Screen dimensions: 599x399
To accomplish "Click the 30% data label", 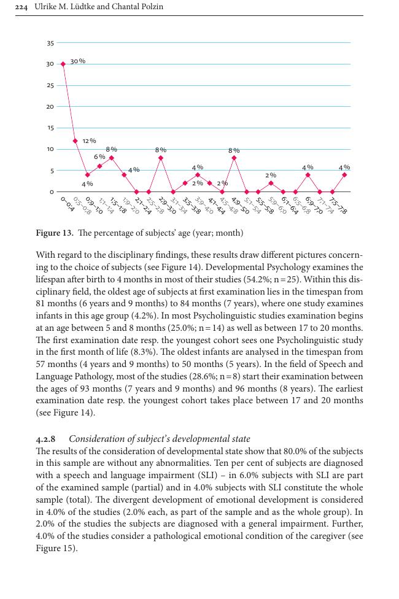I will [78, 61].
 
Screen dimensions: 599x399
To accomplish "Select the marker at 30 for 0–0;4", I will [63, 64].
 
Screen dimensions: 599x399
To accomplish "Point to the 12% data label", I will [89, 141].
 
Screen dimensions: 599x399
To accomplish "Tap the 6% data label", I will [99, 157].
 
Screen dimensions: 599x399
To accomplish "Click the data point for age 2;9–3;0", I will [161, 158].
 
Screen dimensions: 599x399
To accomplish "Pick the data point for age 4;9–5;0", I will [234, 158].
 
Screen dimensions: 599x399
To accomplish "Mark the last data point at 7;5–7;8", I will [344, 175].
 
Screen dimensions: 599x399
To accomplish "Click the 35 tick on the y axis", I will [50, 43].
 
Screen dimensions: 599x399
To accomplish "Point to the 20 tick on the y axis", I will [50, 107].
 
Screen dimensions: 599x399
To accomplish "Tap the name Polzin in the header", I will [151, 7].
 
